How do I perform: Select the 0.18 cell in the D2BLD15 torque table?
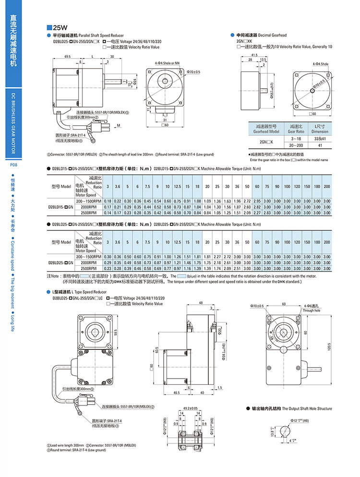click(x=108, y=201)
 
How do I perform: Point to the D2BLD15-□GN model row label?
click(x=60, y=206)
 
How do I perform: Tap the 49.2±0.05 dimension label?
click(x=191, y=409)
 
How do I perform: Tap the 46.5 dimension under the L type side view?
click(x=177, y=393)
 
